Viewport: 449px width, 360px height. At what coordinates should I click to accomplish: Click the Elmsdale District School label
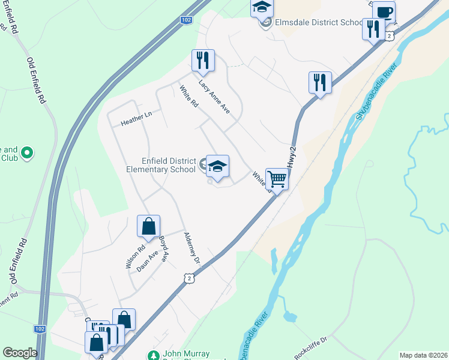point(318,23)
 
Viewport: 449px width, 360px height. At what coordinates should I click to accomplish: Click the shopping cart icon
point(277,178)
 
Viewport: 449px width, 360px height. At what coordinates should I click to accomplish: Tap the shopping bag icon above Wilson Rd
point(148,226)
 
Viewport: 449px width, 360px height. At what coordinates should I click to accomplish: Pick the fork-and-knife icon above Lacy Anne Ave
point(203,60)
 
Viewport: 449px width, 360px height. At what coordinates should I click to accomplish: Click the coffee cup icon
point(384,11)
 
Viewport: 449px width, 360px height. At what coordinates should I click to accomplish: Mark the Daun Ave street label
point(147,261)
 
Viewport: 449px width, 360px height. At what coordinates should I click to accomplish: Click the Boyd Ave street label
point(163,247)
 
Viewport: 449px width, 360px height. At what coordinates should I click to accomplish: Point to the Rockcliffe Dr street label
point(310,347)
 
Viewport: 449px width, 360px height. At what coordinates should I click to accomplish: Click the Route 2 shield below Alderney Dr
point(190,278)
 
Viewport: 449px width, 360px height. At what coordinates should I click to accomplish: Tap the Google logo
point(20,353)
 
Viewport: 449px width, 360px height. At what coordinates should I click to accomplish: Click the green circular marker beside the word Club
point(26,154)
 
